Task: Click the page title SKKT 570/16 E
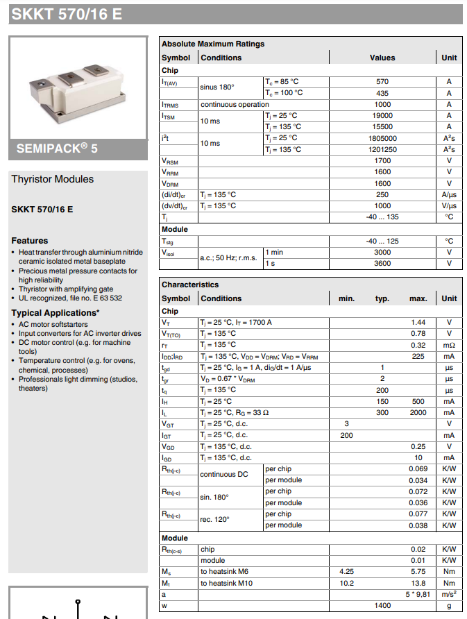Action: click(x=67, y=14)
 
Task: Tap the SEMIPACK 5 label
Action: click(x=57, y=149)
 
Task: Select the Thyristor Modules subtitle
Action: click(x=52, y=179)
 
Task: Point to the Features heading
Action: click(x=30, y=241)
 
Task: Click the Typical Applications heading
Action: click(x=56, y=313)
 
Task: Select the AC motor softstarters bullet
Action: click(x=53, y=324)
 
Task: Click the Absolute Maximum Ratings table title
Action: click(x=213, y=44)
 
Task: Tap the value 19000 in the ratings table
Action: click(x=382, y=115)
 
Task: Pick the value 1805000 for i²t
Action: click(x=382, y=138)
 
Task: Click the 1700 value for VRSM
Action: click(x=382, y=161)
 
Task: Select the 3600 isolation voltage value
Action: click(x=382, y=264)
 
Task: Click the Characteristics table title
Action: click(x=190, y=285)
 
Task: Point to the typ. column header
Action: click(x=382, y=298)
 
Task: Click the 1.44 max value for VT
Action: click(x=418, y=323)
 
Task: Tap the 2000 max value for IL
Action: click(x=418, y=413)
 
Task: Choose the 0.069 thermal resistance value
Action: click(x=418, y=469)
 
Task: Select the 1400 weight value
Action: click(x=382, y=606)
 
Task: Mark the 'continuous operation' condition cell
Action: click(x=235, y=104)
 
